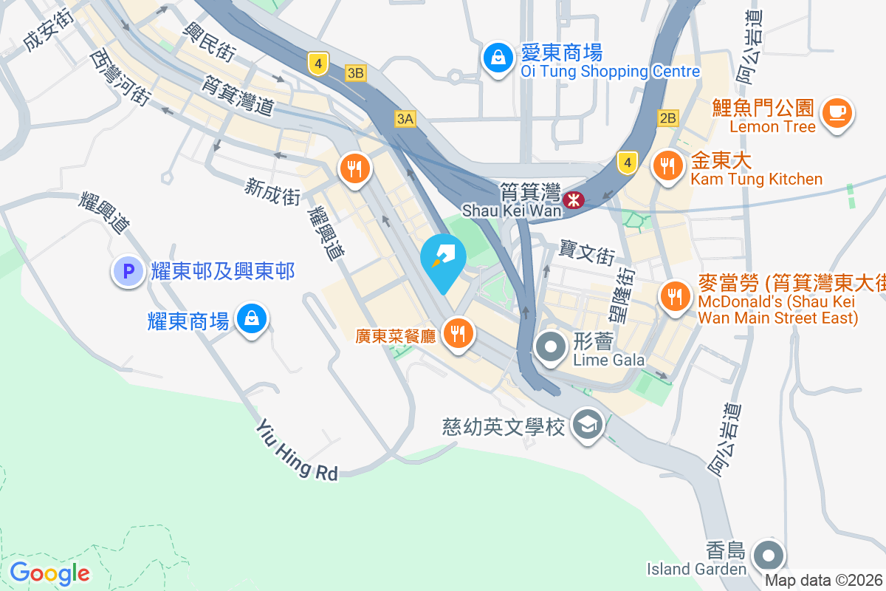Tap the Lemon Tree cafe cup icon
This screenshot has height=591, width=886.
pyautogui.click(x=836, y=113)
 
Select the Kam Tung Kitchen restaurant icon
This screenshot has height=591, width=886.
pyautogui.click(x=668, y=166)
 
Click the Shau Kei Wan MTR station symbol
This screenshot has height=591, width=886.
pyautogui.click(x=573, y=199)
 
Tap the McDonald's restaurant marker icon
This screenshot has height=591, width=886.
pyautogui.click(x=674, y=297)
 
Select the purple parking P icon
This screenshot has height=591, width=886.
pyautogui.click(x=127, y=271)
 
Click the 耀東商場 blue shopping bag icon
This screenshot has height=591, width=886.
pyautogui.click(x=252, y=318)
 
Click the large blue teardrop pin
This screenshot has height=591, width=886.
pyautogui.click(x=443, y=259)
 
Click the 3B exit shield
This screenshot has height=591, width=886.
pyautogui.click(x=356, y=72)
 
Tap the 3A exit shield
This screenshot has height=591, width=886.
pyautogui.click(x=405, y=118)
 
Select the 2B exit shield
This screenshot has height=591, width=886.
pyautogui.click(x=667, y=118)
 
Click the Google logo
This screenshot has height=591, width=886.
pyautogui.click(x=49, y=573)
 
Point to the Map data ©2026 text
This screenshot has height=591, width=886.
pyautogui.click(x=824, y=581)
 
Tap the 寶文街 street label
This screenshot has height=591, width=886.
pyautogui.click(x=588, y=254)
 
